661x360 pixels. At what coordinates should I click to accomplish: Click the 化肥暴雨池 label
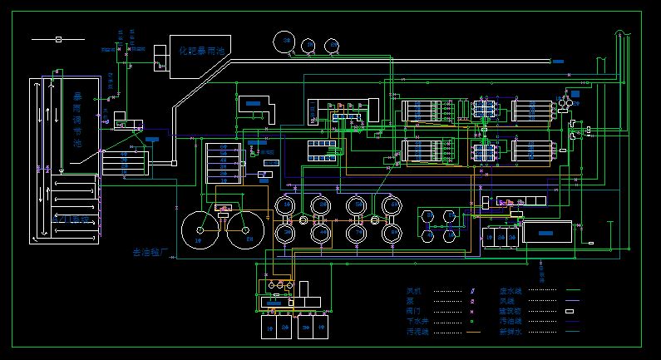click(x=203, y=51)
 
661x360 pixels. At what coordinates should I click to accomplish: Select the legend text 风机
click(x=413, y=291)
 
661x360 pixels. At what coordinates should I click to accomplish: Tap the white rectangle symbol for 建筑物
click(x=570, y=311)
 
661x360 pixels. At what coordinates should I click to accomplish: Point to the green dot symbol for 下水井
click(x=472, y=321)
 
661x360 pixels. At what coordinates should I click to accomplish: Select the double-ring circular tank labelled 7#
click(x=357, y=205)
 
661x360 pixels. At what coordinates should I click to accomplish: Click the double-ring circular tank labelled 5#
click(x=285, y=205)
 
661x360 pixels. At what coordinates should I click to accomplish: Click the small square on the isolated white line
click(x=58, y=39)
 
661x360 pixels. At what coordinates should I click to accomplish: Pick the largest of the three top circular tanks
click(x=286, y=41)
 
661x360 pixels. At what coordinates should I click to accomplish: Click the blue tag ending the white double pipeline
click(x=558, y=62)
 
